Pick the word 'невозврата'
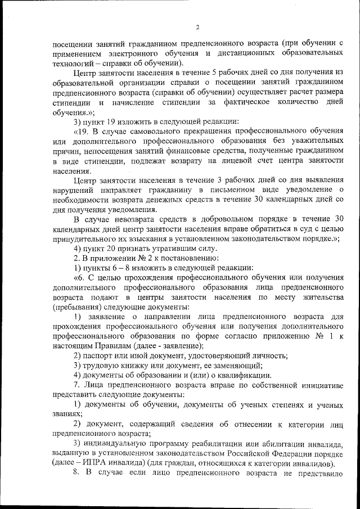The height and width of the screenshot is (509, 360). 132,219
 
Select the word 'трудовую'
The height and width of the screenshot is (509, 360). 100,366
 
